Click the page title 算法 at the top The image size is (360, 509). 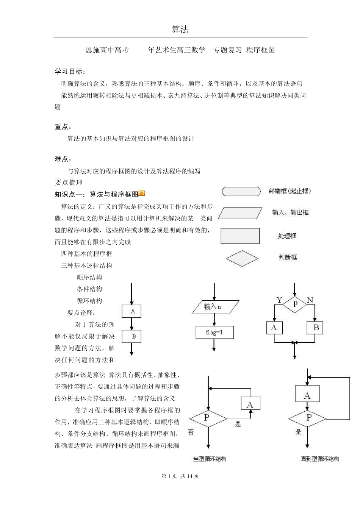tap(180, 30)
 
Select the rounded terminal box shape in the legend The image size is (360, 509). tap(241, 191)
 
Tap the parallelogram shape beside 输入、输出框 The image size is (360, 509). tap(240, 213)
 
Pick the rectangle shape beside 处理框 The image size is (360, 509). tap(240, 236)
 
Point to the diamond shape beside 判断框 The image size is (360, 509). tap(242, 258)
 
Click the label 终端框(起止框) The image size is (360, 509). tap(290, 191)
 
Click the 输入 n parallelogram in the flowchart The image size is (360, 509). tap(215, 307)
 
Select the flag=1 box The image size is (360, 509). tap(214, 332)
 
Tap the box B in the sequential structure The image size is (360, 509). tap(131, 336)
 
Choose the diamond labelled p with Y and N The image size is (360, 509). tap(295, 303)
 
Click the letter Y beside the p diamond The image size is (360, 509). tap(279, 300)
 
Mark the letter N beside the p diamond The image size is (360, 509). tap(310, 300)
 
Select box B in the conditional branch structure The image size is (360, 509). tap(316, 328)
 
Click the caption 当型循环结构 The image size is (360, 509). tap(210, 459)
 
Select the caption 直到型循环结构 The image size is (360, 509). tap(320, 459)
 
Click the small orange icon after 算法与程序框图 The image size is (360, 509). tap(142, 193)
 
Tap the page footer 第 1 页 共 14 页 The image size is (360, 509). tap(180, 476)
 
